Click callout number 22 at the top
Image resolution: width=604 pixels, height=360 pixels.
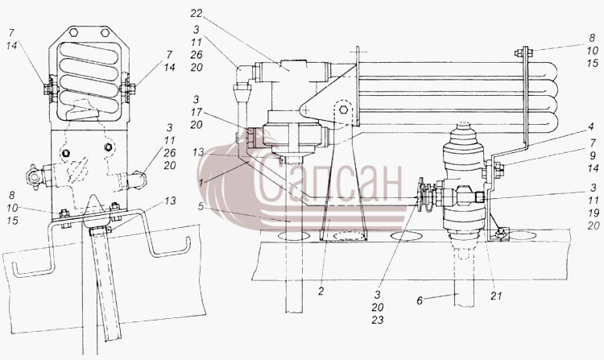point(196,14)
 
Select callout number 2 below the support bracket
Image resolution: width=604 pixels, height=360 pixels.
point(321,291)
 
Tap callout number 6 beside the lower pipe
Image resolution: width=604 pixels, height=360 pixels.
point(420,300)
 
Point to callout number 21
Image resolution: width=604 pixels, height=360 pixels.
point(497,296)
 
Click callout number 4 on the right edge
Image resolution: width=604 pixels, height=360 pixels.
point(591,126)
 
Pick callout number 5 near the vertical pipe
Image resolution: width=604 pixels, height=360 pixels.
point(201,206)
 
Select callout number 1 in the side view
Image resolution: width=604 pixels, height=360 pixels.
point(201,183)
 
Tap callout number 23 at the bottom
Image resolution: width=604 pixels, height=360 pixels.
point(378,320)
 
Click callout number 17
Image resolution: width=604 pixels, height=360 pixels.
point(196,112)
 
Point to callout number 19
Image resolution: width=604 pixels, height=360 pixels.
point(594,213)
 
